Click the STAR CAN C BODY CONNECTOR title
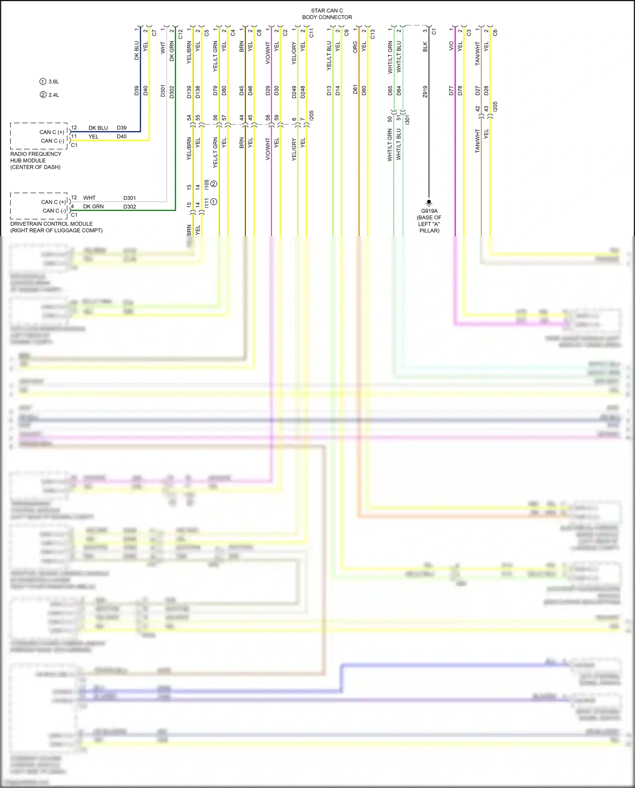(327, 14)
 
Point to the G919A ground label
(429, 211)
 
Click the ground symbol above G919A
(429, 202)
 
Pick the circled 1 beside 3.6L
(43, 82)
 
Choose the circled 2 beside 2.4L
(43, 95)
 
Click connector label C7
(154, 33)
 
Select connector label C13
(373, 34)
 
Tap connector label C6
(495, 33)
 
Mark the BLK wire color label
(425, 47)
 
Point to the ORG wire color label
(355, 47)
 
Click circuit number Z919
(425, 91)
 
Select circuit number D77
(451, 91)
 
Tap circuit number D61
(355, 90)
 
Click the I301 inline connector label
(407, 119)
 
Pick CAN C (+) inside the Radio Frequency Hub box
(52, 132)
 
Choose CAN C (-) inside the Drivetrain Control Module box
(54, 211)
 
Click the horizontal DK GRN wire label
(93, 207)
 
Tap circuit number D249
(294, 92)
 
